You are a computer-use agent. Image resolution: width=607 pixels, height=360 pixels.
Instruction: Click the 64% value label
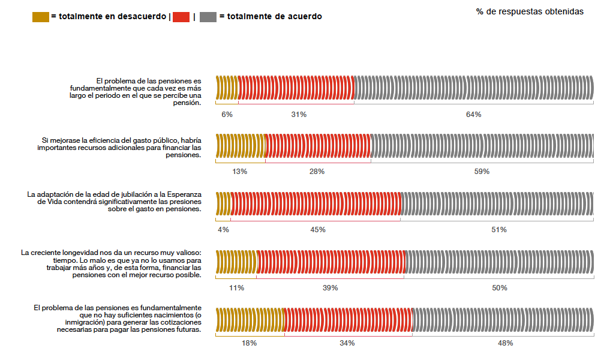click(473, 114)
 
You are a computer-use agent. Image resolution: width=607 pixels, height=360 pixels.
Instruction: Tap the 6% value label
click(227, 114)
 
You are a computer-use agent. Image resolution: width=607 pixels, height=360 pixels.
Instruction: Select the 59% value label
click(482, 172)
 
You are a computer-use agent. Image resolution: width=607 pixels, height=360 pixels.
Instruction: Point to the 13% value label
click(240, 172)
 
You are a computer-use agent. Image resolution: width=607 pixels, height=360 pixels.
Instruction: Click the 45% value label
click(318, 230)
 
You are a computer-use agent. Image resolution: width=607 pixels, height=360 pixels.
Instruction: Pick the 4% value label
click(224, 230)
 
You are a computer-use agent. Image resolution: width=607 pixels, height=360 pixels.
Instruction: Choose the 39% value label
click(330, 288)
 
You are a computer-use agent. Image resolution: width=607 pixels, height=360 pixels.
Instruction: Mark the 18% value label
click(250, 343)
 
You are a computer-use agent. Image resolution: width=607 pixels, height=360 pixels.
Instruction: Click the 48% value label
click(505, 343)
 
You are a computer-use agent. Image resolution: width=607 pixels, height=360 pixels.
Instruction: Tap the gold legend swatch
click(40, 17)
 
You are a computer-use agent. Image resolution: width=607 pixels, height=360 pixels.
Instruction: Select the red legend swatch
click(181, 17)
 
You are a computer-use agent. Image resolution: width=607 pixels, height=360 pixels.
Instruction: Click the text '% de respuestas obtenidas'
click(530, 11)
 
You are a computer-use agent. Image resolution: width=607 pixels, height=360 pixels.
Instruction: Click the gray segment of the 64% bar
click(473, 88)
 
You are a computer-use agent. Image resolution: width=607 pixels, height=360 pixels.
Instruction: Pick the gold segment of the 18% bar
click(250, 319)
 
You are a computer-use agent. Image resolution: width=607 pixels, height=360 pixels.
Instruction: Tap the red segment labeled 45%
click(315, 203)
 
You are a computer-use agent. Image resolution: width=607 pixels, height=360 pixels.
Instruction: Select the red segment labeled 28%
click(318, 146)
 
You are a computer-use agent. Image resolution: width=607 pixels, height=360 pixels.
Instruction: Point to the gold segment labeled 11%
click(236, 262)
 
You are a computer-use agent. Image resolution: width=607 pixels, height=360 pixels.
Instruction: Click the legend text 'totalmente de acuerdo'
click(271, 17)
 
